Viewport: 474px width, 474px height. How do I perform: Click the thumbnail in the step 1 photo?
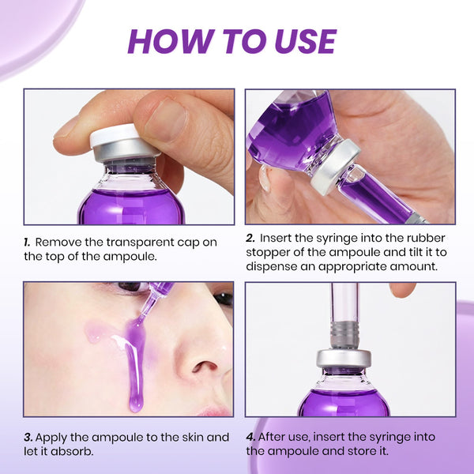click(x=166, y=120)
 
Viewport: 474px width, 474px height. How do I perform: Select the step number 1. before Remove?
click(x=27, y=243)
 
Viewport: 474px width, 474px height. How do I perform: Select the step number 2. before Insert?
click(x=250, y=238)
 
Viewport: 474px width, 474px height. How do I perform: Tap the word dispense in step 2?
click(x=272, y=267)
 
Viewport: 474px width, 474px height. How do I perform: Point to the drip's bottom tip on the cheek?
click(x=136, y=409)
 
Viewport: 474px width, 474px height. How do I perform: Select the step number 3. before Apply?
click(x=28, y=438)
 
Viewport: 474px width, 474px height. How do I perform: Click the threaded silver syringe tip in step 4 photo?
click(x=345, y=334)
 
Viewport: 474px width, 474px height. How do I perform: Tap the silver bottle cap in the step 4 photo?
click(x=344, y=359)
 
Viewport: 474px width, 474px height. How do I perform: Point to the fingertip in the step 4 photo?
click(x=402, y=290)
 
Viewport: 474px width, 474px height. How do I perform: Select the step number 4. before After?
click(x=250, y=437)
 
